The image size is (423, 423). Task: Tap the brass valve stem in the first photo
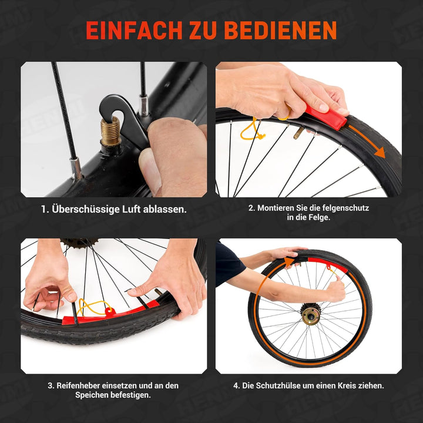coord(110,130)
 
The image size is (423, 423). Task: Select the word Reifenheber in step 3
coord(81,385)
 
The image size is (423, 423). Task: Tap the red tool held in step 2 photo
coord(325,117)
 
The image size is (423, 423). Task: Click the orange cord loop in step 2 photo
coord(251,130)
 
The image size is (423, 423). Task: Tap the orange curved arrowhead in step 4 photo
coord(290,259)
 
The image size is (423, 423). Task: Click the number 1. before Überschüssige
coord(45,210)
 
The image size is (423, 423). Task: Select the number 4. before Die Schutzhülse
coord(237,385)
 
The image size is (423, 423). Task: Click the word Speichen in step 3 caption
coord(93,395)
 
